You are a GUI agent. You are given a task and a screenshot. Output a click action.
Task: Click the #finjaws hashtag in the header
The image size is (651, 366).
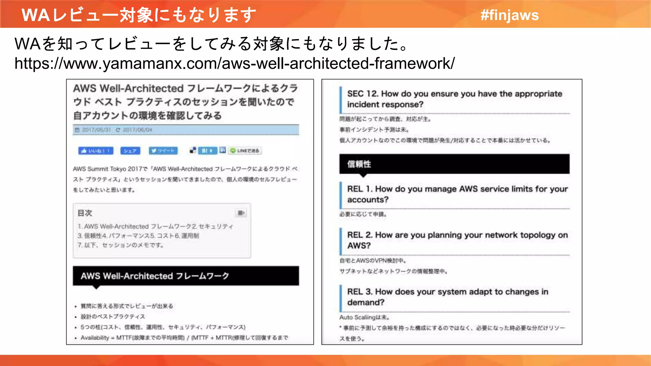point(510,15)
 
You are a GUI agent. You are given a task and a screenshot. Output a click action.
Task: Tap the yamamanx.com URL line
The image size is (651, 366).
point(235,63)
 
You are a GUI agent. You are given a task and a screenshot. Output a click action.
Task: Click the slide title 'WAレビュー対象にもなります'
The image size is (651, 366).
point(139,15)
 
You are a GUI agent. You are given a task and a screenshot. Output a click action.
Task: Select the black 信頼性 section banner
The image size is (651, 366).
point(454,164)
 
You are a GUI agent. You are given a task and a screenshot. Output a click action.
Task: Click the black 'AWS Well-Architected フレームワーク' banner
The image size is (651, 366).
point(186,276)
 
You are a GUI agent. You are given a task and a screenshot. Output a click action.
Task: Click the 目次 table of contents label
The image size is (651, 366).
point(85,213)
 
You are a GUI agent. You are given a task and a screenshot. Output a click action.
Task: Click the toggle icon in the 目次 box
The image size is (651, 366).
point(241,213)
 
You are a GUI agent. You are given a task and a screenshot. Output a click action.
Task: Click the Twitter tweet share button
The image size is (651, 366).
point(163,151)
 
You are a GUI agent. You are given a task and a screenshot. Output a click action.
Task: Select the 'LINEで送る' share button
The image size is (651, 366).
point(245,151)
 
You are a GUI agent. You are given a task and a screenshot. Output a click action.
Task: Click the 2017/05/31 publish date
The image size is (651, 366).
point(96,130)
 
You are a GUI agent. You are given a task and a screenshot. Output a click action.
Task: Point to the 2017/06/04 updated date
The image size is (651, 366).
point(137,130)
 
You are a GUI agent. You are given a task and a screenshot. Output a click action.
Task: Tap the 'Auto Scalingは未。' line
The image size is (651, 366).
point(364,317)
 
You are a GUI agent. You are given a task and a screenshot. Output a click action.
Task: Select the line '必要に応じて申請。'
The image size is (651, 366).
point(363,214)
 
